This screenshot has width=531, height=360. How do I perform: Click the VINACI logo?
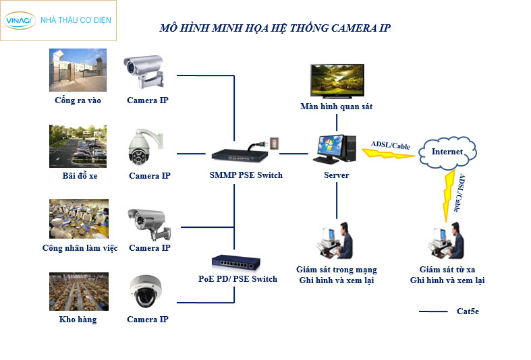pyautogui.click(x=20, y=20)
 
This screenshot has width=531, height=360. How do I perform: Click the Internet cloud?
pyautogui.click(x=447, y=151)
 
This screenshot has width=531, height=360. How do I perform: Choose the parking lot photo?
pyautogui.click(x=78, y=146)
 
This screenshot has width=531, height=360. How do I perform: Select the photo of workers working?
pyautogui.click(x=78, y=218)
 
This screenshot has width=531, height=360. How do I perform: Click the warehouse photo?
pyautogui.click(x=78, y=291)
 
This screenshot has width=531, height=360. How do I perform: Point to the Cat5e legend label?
pyautogui.click(x=468, y=311)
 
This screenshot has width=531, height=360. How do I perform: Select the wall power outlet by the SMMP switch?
pyautogui.click(x=273, y=144)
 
